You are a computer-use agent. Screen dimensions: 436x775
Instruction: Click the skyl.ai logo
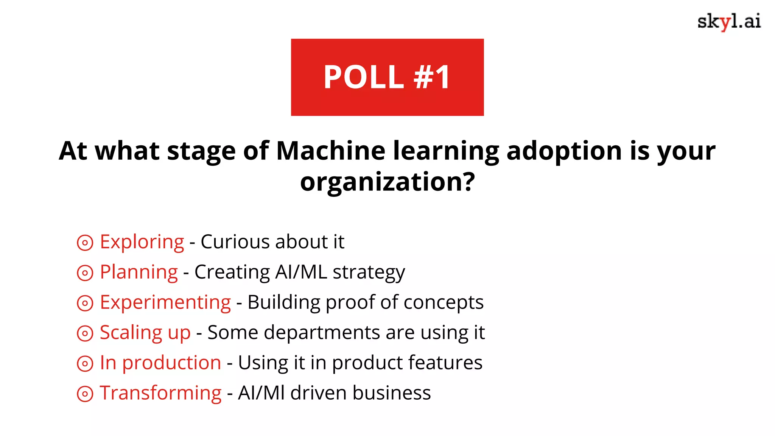(x=729, y=22)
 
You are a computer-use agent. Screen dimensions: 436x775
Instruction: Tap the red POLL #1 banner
(x=387, y=77)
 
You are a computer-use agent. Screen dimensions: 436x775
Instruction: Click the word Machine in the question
(x=331, y=151)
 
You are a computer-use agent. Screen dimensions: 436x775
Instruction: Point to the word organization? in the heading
(x=387, y=182)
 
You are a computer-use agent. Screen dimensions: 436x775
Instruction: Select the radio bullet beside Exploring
(x=85, y=243)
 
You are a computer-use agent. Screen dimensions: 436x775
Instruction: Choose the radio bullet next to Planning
(x=85, y=273)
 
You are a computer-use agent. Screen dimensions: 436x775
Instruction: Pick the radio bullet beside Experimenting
(x=85, y=303)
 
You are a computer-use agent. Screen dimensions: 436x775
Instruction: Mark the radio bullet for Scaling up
(x=85, y=333)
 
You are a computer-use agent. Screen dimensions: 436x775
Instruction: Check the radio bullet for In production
(x=85, y=364)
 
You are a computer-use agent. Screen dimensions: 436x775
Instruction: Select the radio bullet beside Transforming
(x=85, y=394)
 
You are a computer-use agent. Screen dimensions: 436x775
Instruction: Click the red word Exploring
(x=142, y=242)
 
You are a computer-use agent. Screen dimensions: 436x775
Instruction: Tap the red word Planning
(x=139, y=272)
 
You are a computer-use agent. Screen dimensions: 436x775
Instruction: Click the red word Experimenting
(x=165, y=303)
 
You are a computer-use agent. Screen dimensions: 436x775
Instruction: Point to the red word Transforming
(x=160, y=393)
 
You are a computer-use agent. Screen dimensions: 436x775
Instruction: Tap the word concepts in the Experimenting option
(x=444, y=303)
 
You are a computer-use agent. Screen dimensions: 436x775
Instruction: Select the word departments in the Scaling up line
(x=322, y=333)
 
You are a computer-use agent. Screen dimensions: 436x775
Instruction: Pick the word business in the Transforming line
(x=392, y=393)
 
